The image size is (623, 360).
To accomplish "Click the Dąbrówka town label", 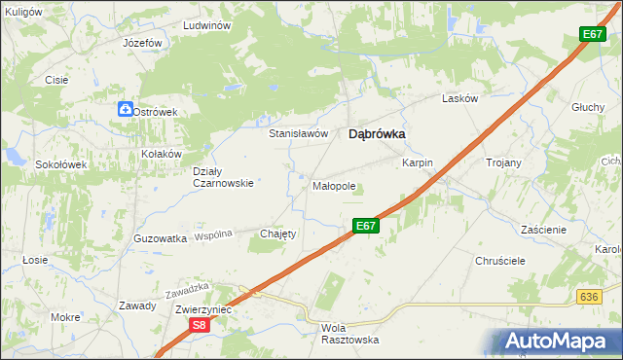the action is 377,136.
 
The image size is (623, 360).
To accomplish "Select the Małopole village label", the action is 334,185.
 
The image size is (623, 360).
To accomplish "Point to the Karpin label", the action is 417,163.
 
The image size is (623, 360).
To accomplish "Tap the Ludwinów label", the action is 205,25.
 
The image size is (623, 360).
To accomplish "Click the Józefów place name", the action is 142,44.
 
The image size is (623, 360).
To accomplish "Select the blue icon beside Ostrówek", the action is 126,110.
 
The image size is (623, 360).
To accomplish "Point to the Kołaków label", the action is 162,154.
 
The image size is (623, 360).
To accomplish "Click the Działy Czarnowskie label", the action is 223,176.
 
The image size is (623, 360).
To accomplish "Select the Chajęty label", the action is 277,234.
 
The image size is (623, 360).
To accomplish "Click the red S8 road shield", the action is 199,326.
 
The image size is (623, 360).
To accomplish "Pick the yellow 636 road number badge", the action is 587,297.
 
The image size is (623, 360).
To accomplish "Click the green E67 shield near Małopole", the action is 365,226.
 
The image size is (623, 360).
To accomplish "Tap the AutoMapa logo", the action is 562,341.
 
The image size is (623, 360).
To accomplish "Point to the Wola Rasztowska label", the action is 348,334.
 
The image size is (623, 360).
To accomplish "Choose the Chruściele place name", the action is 500,261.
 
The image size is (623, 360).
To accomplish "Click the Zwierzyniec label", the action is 202,308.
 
